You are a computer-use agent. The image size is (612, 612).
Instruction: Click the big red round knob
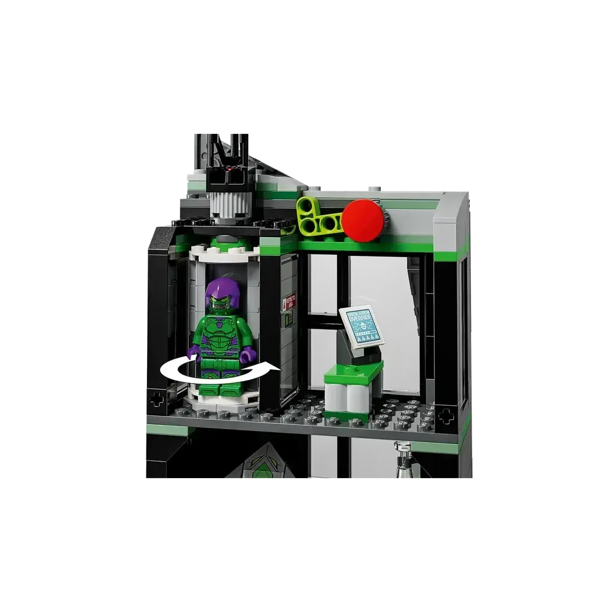363,221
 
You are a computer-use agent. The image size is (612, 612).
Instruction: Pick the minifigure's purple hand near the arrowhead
249,355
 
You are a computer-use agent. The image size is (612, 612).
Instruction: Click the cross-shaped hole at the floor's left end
157,399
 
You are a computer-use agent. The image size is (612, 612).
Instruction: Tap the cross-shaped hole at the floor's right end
445,416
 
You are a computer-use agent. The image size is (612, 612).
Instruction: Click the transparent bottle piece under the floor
405,464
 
